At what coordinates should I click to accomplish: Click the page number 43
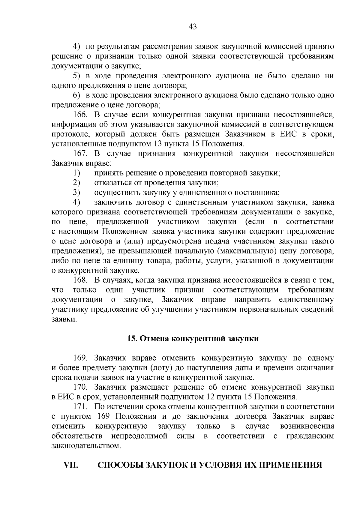(193, 27)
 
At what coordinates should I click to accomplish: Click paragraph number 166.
(80, 115)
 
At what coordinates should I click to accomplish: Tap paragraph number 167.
(80, 154)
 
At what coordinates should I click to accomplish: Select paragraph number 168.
(80, 280)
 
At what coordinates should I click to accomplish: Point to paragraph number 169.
(80, 358)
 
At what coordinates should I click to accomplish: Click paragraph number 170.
(80, 387)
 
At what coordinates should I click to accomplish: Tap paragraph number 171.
(80, 407)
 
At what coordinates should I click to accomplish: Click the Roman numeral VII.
(71, 465)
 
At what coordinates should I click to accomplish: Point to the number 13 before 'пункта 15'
(158, 144)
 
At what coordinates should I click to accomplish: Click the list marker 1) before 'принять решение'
(76, 173)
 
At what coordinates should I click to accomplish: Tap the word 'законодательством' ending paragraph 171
(86, 446)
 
